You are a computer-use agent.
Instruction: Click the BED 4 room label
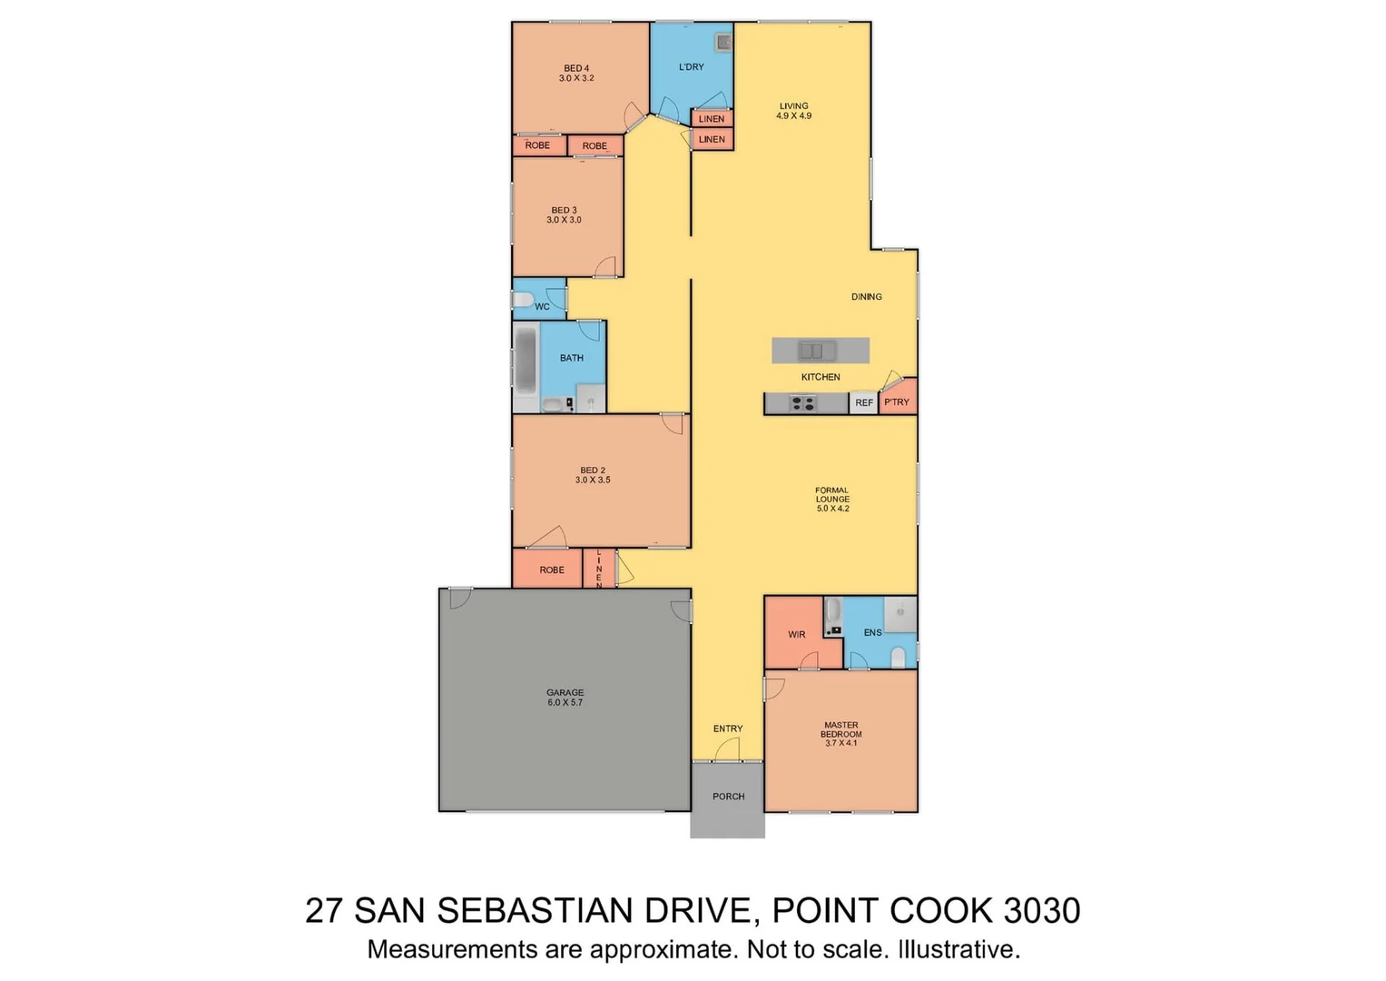point(576,68)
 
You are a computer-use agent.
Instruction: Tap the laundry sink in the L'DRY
point(723,42)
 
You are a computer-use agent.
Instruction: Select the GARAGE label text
point(565,692)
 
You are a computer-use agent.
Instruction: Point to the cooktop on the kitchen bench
point(802,403)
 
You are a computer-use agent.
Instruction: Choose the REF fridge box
point(863,402)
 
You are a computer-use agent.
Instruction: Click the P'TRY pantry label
point(897,402)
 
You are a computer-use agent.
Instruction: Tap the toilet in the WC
point(523,299)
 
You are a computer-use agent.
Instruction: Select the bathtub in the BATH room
point(526,367)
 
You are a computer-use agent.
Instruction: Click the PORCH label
point(728,797)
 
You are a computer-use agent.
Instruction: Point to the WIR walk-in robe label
point(796,634)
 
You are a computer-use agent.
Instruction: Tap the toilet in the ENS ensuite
point(898,657)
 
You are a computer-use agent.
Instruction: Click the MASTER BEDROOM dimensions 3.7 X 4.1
point(840,743)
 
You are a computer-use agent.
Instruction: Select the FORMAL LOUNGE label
point(832,494)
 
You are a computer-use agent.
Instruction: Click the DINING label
point(866,296)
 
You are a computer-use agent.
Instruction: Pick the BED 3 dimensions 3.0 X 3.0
point(564,220)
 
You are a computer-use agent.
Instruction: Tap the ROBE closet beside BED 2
point(551,570)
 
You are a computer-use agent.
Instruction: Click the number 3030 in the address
point(1042,910)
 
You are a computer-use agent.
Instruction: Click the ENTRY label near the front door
point(728,728)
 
